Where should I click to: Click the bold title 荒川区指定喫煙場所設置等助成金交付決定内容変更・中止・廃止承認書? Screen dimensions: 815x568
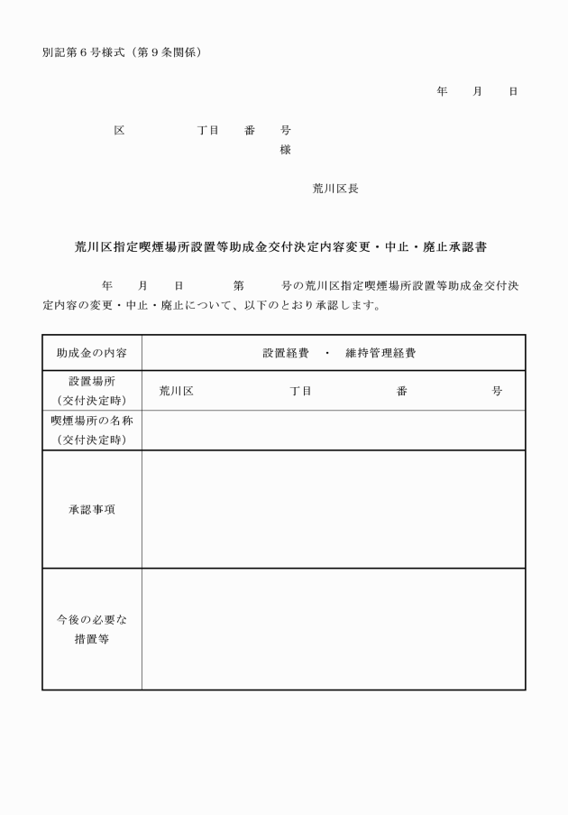(286, 245)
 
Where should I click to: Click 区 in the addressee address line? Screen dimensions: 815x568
(119, 130)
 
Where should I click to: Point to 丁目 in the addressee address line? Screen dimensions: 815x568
(208, 130)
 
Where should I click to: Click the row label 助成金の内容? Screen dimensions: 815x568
(92, 353)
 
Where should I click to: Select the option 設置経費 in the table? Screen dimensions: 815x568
(286, 353)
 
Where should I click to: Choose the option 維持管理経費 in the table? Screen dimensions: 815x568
(380, 353)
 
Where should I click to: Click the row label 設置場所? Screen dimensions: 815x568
(92, 382)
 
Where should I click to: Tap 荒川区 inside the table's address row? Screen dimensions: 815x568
(177, 391)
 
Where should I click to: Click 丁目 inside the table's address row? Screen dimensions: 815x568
(301, 391)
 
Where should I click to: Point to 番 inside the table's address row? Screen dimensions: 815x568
(401, 391)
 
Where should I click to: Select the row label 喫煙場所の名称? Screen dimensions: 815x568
(92, 421)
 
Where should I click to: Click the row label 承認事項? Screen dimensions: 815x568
(92, 509)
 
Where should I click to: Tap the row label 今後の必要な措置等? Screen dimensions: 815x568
(92, 629)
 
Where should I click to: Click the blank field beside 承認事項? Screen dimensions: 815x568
(333, 509)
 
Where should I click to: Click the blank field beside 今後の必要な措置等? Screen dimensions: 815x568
(333, 629)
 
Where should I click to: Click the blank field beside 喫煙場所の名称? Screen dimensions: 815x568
(333, 431)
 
